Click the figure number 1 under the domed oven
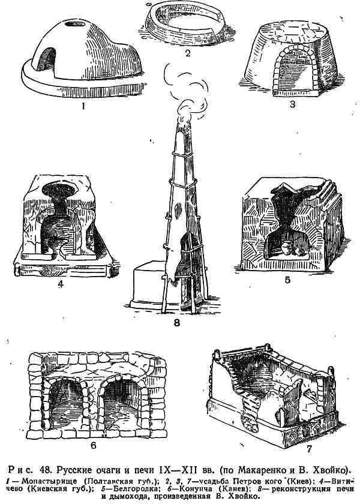coord(83,106)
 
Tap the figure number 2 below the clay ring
coord(188,53)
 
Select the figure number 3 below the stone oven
coord(292,105)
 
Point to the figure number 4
coord(61,284)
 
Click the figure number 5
coord(287,280)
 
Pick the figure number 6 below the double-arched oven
coord(94,446)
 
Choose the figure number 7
coord(309,449)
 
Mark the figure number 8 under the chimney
coord(177,322)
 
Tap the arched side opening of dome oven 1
coord(46,59)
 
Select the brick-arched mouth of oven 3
coord(296,69)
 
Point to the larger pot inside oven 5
coord(286,249)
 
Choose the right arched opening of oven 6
coord(122,401)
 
